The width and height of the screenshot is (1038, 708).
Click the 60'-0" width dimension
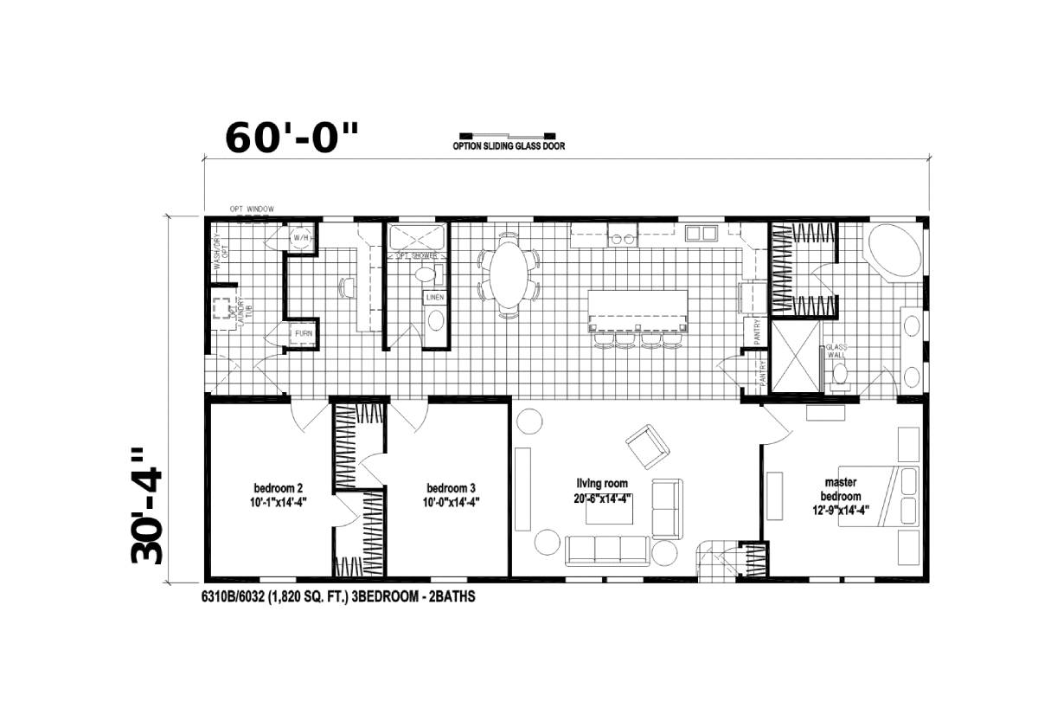coord(291,138)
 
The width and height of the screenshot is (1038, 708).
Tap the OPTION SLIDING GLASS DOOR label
coord(509,146)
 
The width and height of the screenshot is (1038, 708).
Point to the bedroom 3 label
coord(451,493)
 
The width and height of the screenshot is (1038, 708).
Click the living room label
coord(602,490)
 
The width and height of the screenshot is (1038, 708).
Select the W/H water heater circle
coord(301,238)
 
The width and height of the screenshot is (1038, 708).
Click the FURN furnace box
coord(303,333)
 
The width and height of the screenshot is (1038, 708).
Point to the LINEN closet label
coord(435,298)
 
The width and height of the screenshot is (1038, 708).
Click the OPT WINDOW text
coord(252,209)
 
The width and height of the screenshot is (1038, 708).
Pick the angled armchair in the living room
coord(647,445)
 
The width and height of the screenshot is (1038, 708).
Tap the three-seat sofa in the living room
coord(608,550)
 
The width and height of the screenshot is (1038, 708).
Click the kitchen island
coord(639,310)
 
